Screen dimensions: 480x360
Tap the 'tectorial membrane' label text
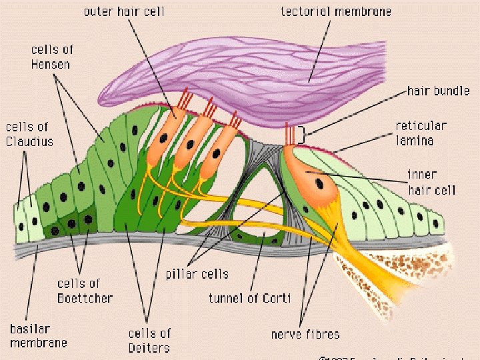point(335,11)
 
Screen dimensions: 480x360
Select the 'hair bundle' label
point(438,91)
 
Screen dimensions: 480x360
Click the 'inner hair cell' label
point(431,182)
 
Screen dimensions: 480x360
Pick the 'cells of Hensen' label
point(51,57)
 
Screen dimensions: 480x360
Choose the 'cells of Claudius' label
point(29,133)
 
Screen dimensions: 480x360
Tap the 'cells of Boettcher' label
point(85,291)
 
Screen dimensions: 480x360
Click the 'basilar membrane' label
point(38,335)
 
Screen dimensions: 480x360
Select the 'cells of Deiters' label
point(149,340)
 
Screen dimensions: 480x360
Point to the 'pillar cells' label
point(197,274)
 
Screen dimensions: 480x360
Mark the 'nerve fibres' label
point(305,334)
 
